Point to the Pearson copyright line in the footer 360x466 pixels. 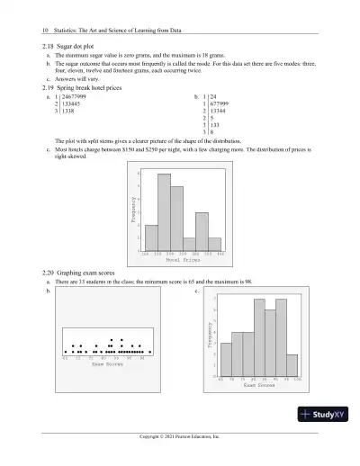pyautogui.click(x=180, y=436)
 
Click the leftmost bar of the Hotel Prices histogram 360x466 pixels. pyautogui.click(x=151, y=238)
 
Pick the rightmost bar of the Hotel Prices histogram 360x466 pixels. pyautogui.click(x=215, y=245)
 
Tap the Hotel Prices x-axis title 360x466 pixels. pyautogui.click(x=183, y=260)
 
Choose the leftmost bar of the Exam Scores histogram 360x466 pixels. pyautogui.click(x=226, y=360)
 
